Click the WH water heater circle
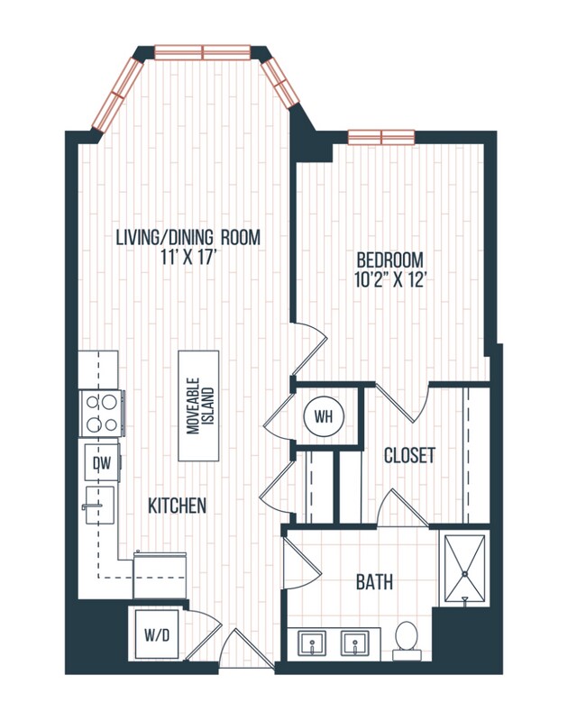[324, 416]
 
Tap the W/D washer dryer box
[156, 633]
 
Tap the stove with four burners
[101, 414]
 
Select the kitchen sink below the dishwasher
[98, 508]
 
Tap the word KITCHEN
[177, 506]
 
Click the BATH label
[374, 583]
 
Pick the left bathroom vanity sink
[313, 643]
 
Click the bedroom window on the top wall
[380, 137]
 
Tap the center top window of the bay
[202, 52]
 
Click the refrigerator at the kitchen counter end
[160, 573]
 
